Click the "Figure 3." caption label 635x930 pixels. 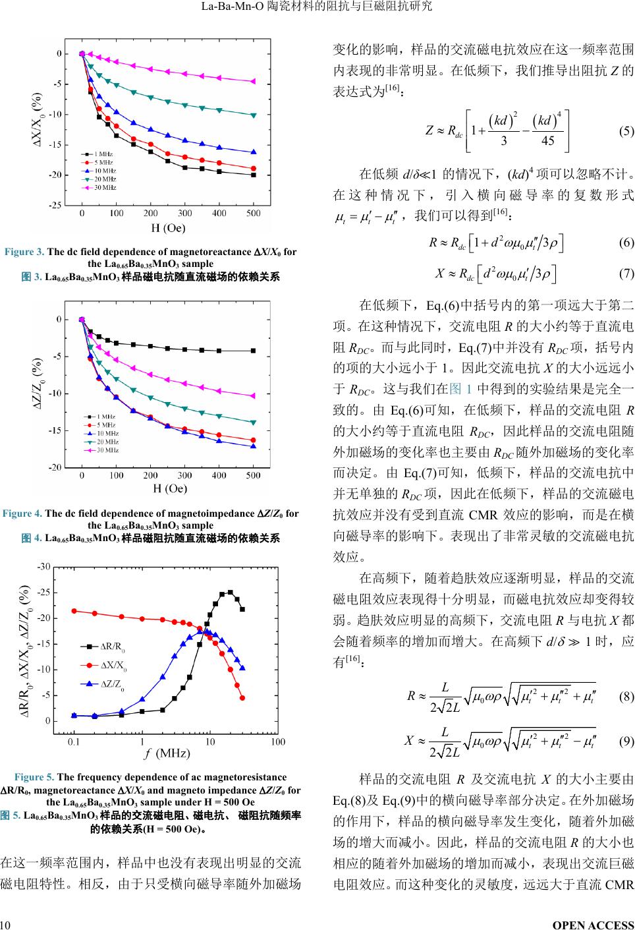click(x=24, y=252)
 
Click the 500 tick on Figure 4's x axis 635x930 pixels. click(x=253, y=475)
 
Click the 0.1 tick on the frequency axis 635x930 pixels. click(x=74, y=742)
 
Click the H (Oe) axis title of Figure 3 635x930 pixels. click(x=169, y=229)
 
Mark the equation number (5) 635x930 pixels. click(x=626, y=131)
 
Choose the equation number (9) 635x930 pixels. click(x=626, y=741)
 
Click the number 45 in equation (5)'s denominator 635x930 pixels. click(x=547, y=141)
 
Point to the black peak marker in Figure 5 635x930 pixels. click(x=230, y=593)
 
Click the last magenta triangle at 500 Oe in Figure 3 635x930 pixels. click(x=253, y=82)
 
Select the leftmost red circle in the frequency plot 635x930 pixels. click(x=74, y=611)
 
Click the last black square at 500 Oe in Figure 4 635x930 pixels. click(x=253, y=351)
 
